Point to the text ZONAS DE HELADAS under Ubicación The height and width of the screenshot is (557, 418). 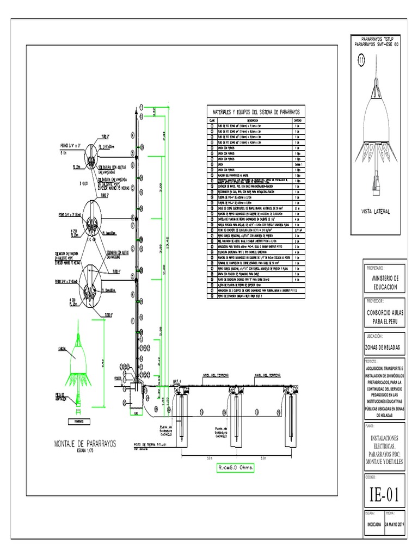(382, 346)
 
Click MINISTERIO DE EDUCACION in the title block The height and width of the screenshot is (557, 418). (384, 282)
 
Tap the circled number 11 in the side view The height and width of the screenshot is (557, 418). (360, 61)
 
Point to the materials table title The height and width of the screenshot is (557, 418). (256, 112)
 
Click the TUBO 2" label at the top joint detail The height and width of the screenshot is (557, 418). (113, 137)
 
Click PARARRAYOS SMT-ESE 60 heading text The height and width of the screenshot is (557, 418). (377, 44)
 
